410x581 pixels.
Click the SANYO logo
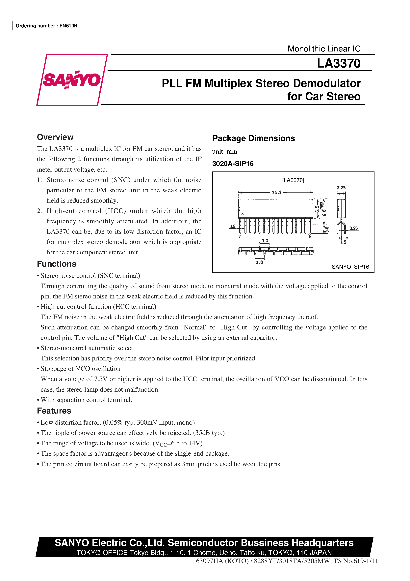point(72,80)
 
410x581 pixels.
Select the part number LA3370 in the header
point(339,63)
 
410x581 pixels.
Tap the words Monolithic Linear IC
point(324,49)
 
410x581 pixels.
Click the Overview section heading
point(55,137)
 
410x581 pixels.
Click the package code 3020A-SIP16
point(233,164)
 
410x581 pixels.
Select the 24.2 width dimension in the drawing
point(277,192)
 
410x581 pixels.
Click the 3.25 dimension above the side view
point(341,188)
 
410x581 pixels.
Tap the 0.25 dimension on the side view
point(353,228)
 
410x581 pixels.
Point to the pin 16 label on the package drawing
point(309,236)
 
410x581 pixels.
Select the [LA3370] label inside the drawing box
point(293,180)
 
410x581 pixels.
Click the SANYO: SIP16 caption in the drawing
point(350,267)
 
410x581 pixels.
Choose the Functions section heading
point(56,264)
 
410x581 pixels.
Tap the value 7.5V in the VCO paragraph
point(101,379)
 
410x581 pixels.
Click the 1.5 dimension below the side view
point(343,242)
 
